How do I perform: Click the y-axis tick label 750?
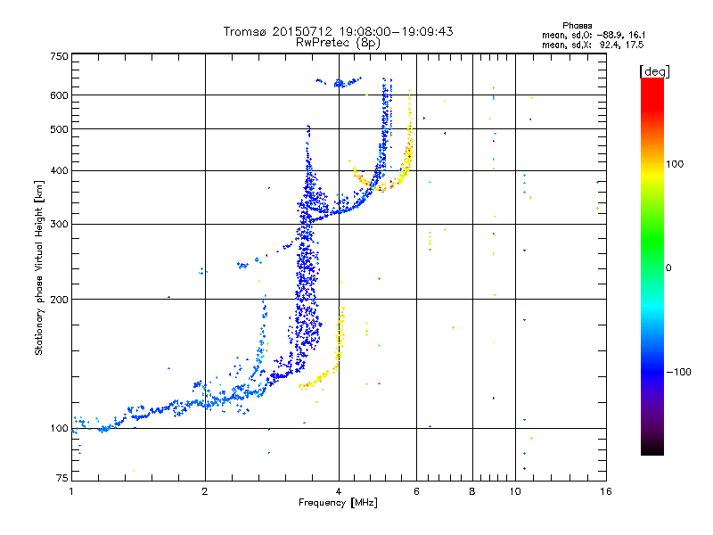[59, 55]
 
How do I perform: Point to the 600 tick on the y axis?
[59, 95]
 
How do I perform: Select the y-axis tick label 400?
[59, 170]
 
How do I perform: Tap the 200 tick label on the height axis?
[59, 300]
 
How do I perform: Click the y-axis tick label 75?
[61, 479]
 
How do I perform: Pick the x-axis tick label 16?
[605, 490]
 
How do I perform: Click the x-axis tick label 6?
[416, 490]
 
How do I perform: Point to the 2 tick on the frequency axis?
[205, 490]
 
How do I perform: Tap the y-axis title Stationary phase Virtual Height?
[39, 268]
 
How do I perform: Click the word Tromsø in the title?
[245, 31]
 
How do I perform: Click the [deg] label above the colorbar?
[655, 70]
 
